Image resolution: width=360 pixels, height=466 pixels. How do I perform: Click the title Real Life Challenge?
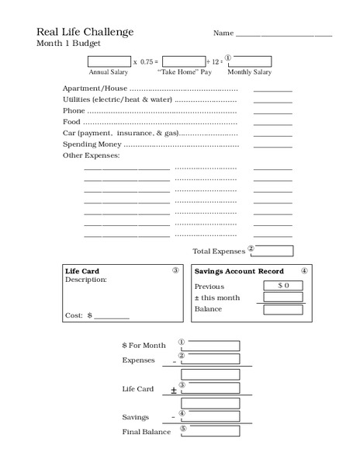click(85, 32)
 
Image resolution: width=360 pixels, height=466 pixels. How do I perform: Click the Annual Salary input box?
click(109, 61)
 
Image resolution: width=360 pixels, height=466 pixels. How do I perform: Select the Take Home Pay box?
click(184, 61)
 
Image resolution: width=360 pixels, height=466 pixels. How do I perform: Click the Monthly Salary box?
click(249, 61)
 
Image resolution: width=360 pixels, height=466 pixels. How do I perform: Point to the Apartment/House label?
click(95, 89)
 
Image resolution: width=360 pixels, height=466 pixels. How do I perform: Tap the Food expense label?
click(71, 122)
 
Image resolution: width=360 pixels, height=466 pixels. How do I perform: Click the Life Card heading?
click(82, 271)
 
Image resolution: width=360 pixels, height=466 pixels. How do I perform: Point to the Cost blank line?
click(112, 317)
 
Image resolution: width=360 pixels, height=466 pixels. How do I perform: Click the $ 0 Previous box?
click(283, 286)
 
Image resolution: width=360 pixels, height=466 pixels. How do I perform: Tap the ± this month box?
click(283, 297)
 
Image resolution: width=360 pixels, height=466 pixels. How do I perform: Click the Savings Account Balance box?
click(283, 309)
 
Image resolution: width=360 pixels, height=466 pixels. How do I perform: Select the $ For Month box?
click(210, 346)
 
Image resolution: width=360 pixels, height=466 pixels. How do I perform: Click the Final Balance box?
click(210, 432)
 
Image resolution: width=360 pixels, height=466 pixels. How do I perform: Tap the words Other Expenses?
click(91, 156)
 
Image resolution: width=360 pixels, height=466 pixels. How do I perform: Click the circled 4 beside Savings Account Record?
click(304, 271)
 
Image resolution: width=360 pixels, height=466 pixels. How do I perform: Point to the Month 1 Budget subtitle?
click(68, 43)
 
